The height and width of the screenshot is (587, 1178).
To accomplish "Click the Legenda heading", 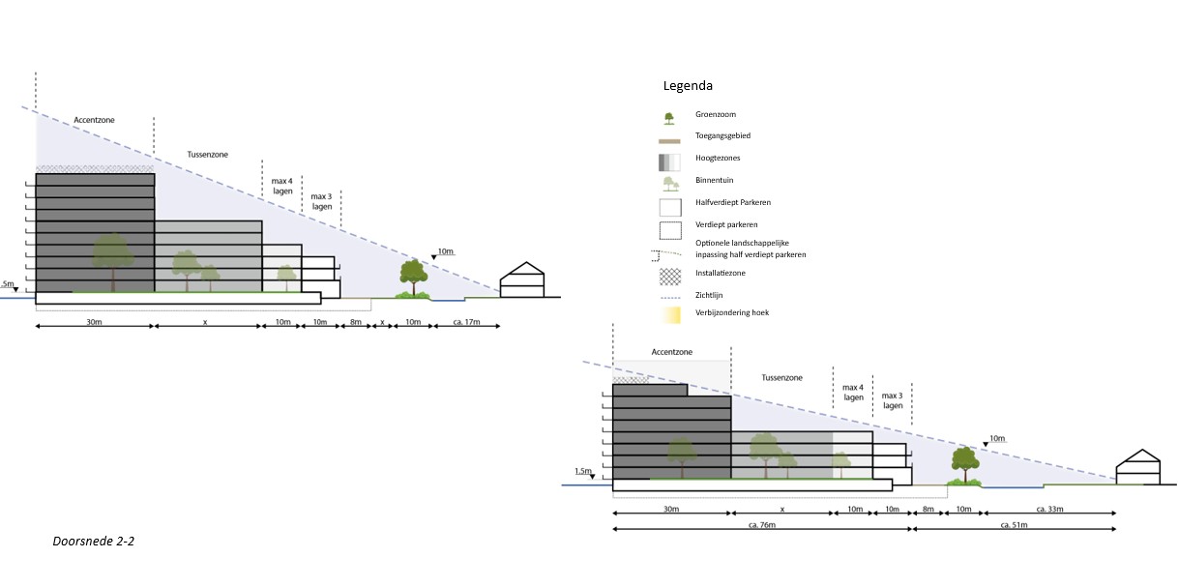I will click(x=688, y=86).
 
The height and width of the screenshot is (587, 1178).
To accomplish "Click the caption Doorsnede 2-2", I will click(x=93, y=542).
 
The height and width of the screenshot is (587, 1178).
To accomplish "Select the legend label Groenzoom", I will click(x=715, y=114).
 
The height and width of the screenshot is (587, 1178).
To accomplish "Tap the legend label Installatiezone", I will click(x=721, y=273).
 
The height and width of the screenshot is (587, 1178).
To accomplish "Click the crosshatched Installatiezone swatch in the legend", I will click(x=669, y=275).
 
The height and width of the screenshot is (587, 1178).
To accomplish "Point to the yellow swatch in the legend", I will click(x=669, y=315).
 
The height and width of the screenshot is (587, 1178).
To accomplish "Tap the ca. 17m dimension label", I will click(x=465, y=321).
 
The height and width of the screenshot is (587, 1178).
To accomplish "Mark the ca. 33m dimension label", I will click(x=1049, y=508).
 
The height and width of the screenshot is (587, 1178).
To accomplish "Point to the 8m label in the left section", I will click(x=355, y=321).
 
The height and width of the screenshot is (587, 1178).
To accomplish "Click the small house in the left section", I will click(x=521, y=280).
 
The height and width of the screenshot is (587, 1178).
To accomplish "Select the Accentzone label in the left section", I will click(x=95, y=120).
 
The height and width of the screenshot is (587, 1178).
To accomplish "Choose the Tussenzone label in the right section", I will click(x=781, y=378).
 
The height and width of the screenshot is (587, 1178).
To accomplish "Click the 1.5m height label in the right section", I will click(x=582, y=472).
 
